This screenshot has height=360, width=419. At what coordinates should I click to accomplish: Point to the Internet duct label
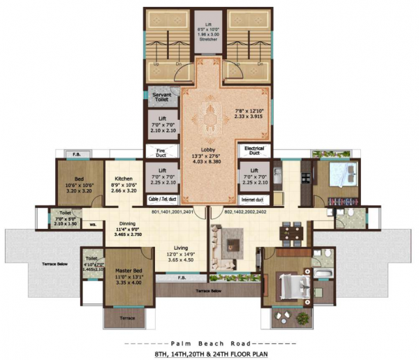coord(256,199)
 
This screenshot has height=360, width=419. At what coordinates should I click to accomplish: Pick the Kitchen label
coord(124,179)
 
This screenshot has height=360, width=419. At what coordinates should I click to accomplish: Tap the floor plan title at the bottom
coord(209,354)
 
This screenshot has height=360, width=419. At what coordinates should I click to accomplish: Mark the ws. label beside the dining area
coord(93,225)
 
